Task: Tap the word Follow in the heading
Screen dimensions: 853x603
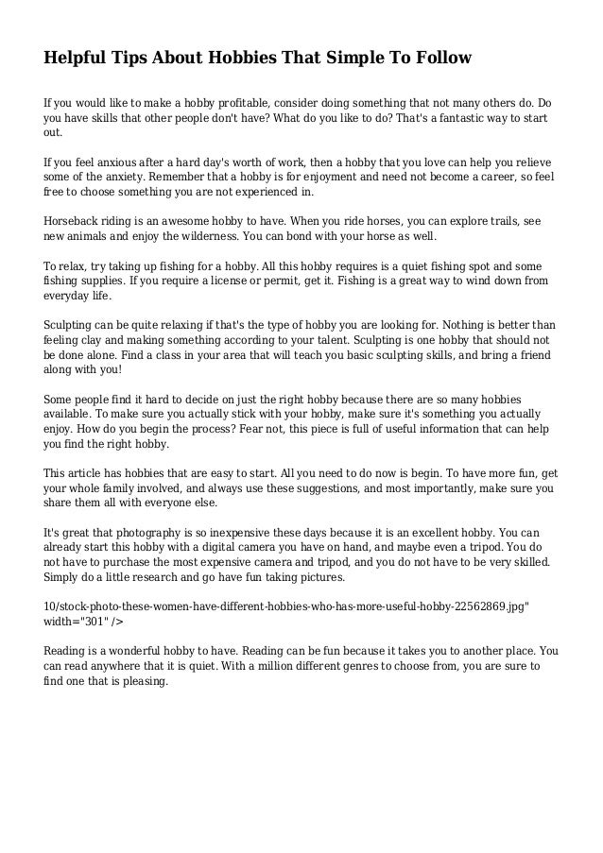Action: pyautogui.click(x=436, y=59)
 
